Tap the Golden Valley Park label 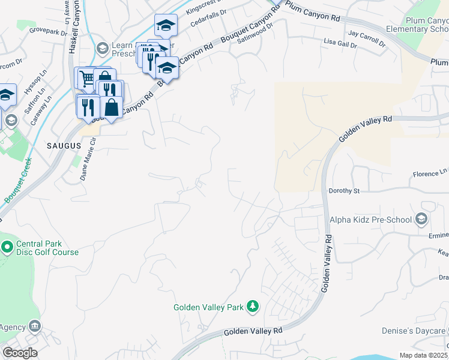(x=208, y=307)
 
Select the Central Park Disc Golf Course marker (x=7, y=247)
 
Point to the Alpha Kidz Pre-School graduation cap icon (x=421, y=219)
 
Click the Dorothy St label (x=343, y=191)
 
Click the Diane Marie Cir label (x=88, y=158)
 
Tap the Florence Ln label (x=429, y=174)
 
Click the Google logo (x=20, y=353)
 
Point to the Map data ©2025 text (x=423, y=355)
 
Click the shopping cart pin (x=86, y=77)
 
